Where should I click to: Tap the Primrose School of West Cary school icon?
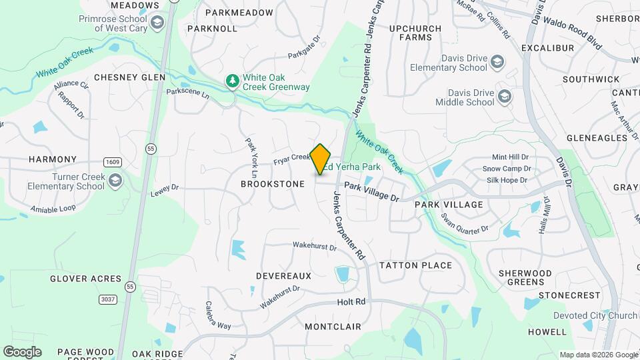pos(157,24)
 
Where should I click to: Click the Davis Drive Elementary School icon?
pos(497,63)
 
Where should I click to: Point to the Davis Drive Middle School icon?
pos(505,97)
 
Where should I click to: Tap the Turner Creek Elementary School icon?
pos(115,181)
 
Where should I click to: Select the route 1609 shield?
pos(111,162)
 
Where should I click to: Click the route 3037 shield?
pos(107,299)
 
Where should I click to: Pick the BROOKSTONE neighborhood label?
pos(273,184)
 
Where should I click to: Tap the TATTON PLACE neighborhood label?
pos(416,265)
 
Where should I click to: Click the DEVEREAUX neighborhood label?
pos(284,275)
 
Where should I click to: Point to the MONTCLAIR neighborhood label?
pos(333,327)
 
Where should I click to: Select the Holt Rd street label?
pos(352,301)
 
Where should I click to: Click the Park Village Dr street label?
pos(371,194)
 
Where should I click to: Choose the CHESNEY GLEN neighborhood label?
pos(129,77)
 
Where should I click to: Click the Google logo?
pos(22,352)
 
